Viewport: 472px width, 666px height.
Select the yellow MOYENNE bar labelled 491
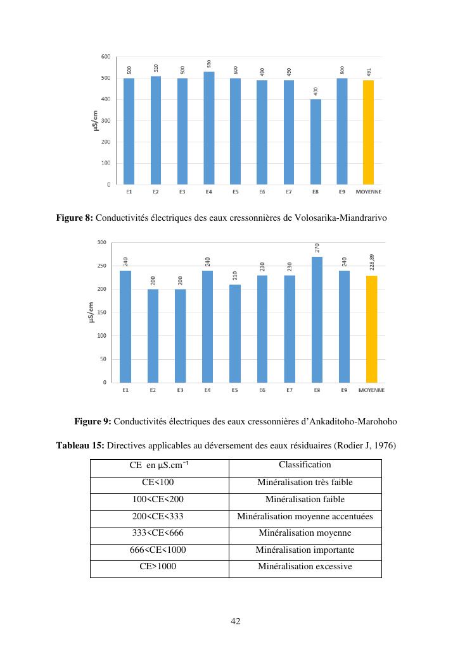click(368, 132)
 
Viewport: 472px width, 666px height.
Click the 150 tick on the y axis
click(101, 312)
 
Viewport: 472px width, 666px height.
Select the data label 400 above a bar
click(316, 92)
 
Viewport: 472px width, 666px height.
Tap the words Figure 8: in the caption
click(75, 218)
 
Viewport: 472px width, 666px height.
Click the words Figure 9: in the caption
click(92, 421)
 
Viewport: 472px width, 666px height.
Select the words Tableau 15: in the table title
click(80, 445)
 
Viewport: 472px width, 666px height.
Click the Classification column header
click(305, 465)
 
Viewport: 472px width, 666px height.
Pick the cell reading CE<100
click(158, 483)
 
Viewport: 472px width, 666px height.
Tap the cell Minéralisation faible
click(305, 500)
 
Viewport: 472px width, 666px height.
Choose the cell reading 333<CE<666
click(158, 533)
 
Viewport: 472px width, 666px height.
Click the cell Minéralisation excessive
click(305, 567)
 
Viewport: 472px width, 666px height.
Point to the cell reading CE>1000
click(158, 567)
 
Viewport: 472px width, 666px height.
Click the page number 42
click(236, 621)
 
